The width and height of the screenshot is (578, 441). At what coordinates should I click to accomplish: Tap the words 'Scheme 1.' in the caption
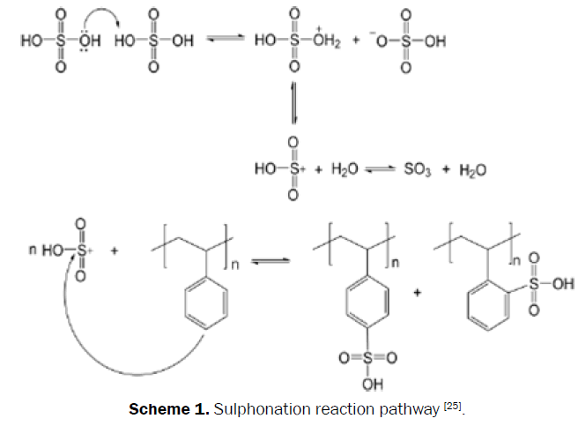[x=163, y=409]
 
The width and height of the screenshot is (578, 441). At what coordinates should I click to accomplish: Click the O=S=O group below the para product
[x=364, y=357]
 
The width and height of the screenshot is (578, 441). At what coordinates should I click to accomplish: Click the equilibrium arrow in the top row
[x=226, y=41]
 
